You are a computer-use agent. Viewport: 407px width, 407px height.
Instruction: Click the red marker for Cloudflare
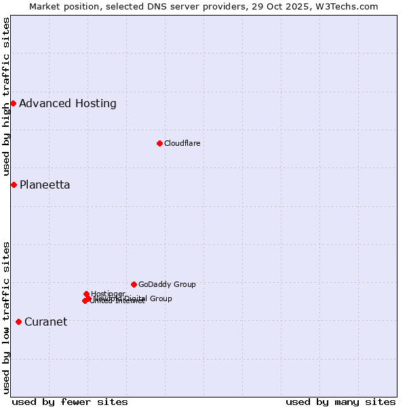pyautogui.click(x=159, y=143)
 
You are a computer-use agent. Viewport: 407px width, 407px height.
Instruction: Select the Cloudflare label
pyautogui.click(x=182, y=143)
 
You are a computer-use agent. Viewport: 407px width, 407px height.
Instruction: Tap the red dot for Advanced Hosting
pyautogui.click(x=13, y=103)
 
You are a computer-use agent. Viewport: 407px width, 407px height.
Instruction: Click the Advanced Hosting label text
pyautogui.click(x=68, y=104)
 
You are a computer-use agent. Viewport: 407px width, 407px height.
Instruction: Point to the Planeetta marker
pyautogui.click(x=14, y=185)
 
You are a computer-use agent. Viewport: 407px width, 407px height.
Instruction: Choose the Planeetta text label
pyautogui.click(x=45, y=185)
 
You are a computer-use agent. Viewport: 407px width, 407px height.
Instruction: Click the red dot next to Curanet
pyautogui.click(x=18, y=322)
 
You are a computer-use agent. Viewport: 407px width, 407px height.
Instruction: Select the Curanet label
pyautogui.click(x=45, y=322)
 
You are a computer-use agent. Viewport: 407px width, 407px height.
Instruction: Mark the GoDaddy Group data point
pyautogui.click(x=134, y=284)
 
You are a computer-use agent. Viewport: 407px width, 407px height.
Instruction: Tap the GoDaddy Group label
pyautogui.click(x=167, y=284)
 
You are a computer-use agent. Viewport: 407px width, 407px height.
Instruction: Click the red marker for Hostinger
pyautogui.click(x=87, y=294)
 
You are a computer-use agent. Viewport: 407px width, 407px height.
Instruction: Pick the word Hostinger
pyautogui.click(x=108, y=294)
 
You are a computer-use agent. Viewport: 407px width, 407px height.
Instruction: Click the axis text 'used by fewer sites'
pyautogui.click(x=70, y=402)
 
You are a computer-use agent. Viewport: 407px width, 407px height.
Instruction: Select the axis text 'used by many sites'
pyautogui.click(x=341, y=402)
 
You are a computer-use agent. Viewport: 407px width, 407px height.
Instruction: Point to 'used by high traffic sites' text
pyautogui.click(x=7, y=97)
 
